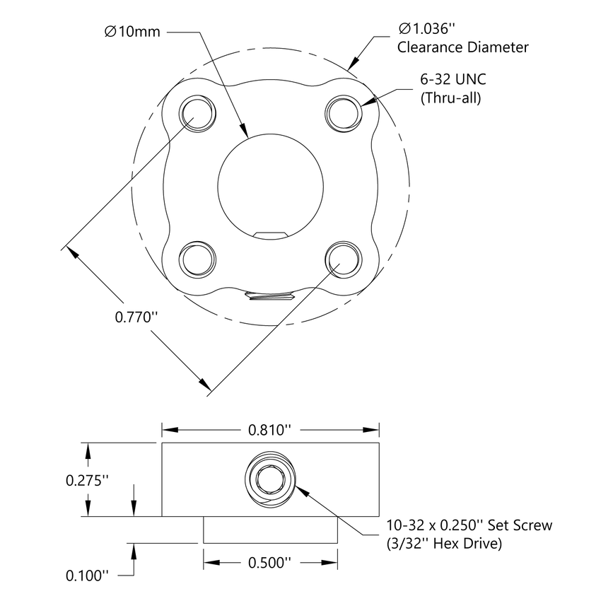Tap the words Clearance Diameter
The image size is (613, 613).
[462, 48]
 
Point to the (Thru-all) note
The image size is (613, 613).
[450, 99]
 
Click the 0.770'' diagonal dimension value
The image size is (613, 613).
[135, 317]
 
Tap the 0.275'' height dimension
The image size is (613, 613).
[88, 480]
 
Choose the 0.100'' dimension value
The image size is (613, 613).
[88, 576]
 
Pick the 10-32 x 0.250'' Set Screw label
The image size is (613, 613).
[469, 526]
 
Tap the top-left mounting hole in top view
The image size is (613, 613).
[195, 112]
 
